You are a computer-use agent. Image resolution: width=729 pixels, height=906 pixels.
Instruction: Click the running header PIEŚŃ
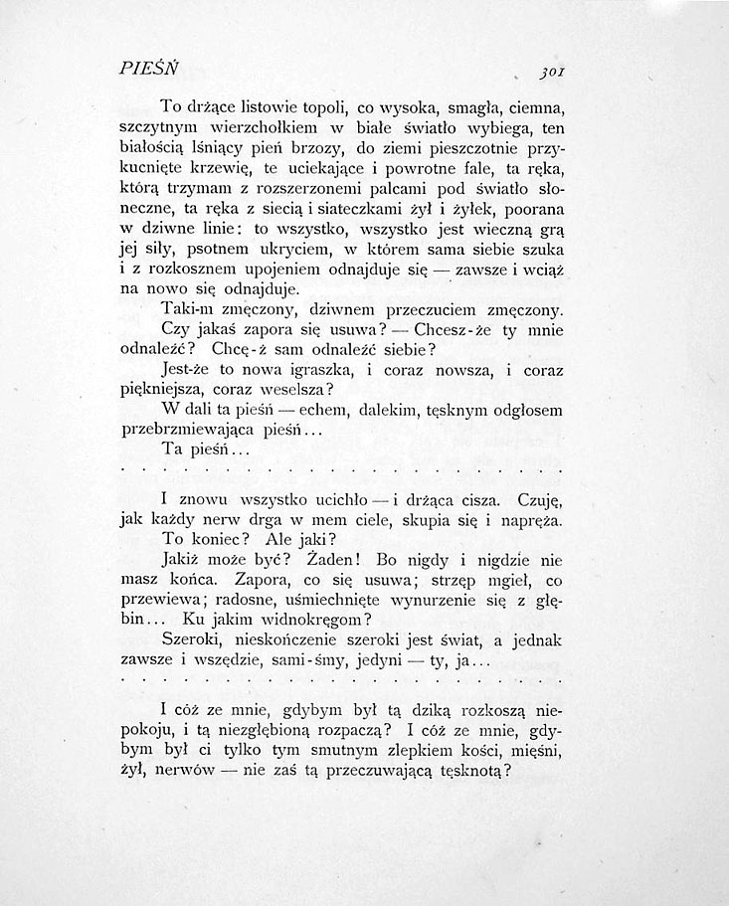146,69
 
